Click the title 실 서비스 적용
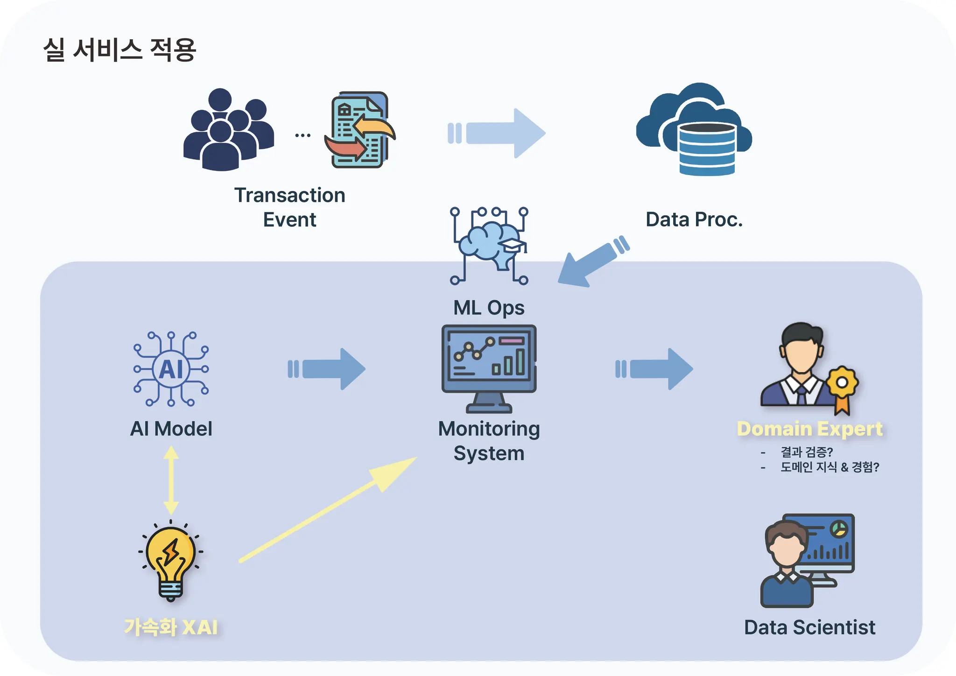click(x=119, y=49)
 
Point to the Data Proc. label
click(x=694, y=219)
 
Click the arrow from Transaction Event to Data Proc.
click(x=497, y=133)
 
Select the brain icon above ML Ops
click(x=489, y=246)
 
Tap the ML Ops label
click(x=489, y=308)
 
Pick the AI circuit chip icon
click(x=171, y=369)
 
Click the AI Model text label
click(x=171, y=429)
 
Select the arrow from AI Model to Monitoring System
click(x=327, y=369)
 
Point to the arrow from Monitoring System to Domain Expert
click(x=654, y=369)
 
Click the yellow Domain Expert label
click(x=809, y=429)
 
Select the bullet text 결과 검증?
click(x=807, y=452)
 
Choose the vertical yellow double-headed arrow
click(x=171, y=480)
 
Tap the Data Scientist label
click(x=809, y=627)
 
